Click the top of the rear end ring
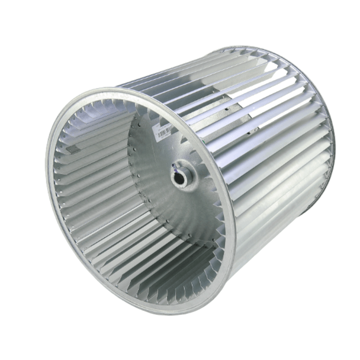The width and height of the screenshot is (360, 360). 249,46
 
